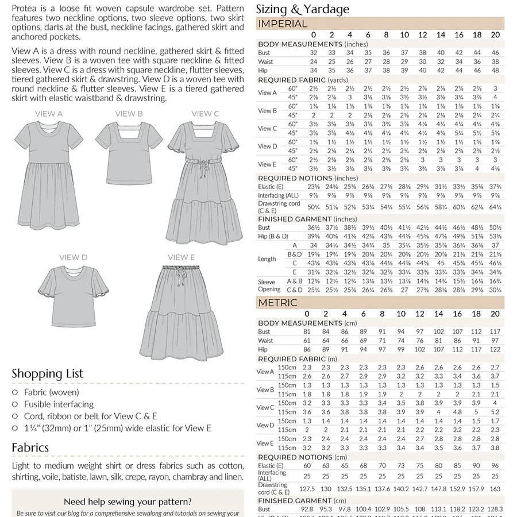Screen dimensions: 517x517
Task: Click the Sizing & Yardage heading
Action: tap(302, 9)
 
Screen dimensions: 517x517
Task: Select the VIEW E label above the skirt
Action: tap(181, 257)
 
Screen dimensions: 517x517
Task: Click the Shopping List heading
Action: tap(48, 374)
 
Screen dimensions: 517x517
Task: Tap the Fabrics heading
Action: tap(30, 447)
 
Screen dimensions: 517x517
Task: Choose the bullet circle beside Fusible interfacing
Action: tap(15, 404)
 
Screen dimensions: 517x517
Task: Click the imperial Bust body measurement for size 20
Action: tap(495, 52)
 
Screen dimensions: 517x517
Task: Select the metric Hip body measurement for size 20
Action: tap(495, 349)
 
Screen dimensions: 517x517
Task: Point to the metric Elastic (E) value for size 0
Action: tap(307, 465)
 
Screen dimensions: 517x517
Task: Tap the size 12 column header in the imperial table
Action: tap(422, 35)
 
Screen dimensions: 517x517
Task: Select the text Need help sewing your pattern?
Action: tap(128, 501)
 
